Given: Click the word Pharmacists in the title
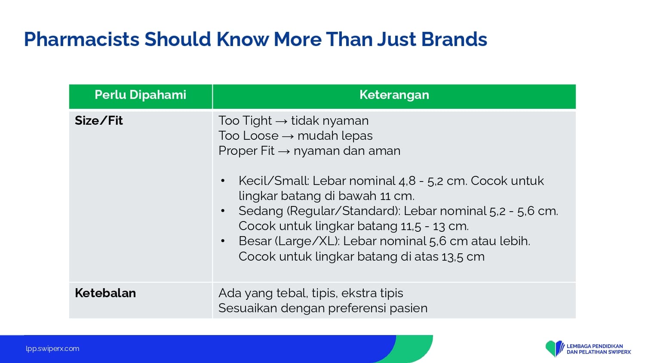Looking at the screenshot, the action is pyautogui.click(x=82, y=40).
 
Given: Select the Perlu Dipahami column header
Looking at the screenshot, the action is pyautogui.click(x=141, y=95).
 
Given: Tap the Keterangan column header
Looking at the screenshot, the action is pyautogui.click(x=394, y=95).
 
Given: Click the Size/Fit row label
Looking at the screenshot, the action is pyautogui.click(x=99, y=120).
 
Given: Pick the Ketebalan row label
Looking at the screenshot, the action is pyautogui.click(x=105, y=293).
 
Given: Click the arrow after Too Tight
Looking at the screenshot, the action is pyautogui.click(x=281, y=121).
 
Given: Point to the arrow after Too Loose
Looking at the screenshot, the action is pyautogui.click(x=288, y=136).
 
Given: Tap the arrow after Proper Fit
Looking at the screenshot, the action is pyautogui.click(x=284, y=151).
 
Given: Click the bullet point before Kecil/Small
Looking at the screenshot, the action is pyautogui.click(x=223, y=181).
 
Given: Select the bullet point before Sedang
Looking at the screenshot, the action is pyautogui.click(x=223, y=211).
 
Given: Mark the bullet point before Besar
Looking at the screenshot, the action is pyautogui.click(x=223, y=241).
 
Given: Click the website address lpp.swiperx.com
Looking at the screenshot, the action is pyautogui.click(x=52, y=349).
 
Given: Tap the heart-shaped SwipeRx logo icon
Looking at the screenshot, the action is pyautogui.click(x=555, y=348).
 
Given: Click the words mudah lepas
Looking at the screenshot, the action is pyautogui.click(x=335, y=135).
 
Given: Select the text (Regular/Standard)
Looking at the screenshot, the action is pyautogui.click(x=344, y=211).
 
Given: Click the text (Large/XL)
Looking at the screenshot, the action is pyautogui.click(x=307, y=241).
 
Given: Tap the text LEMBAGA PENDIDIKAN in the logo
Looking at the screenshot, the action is pyautogui.click(x=595, y=346).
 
